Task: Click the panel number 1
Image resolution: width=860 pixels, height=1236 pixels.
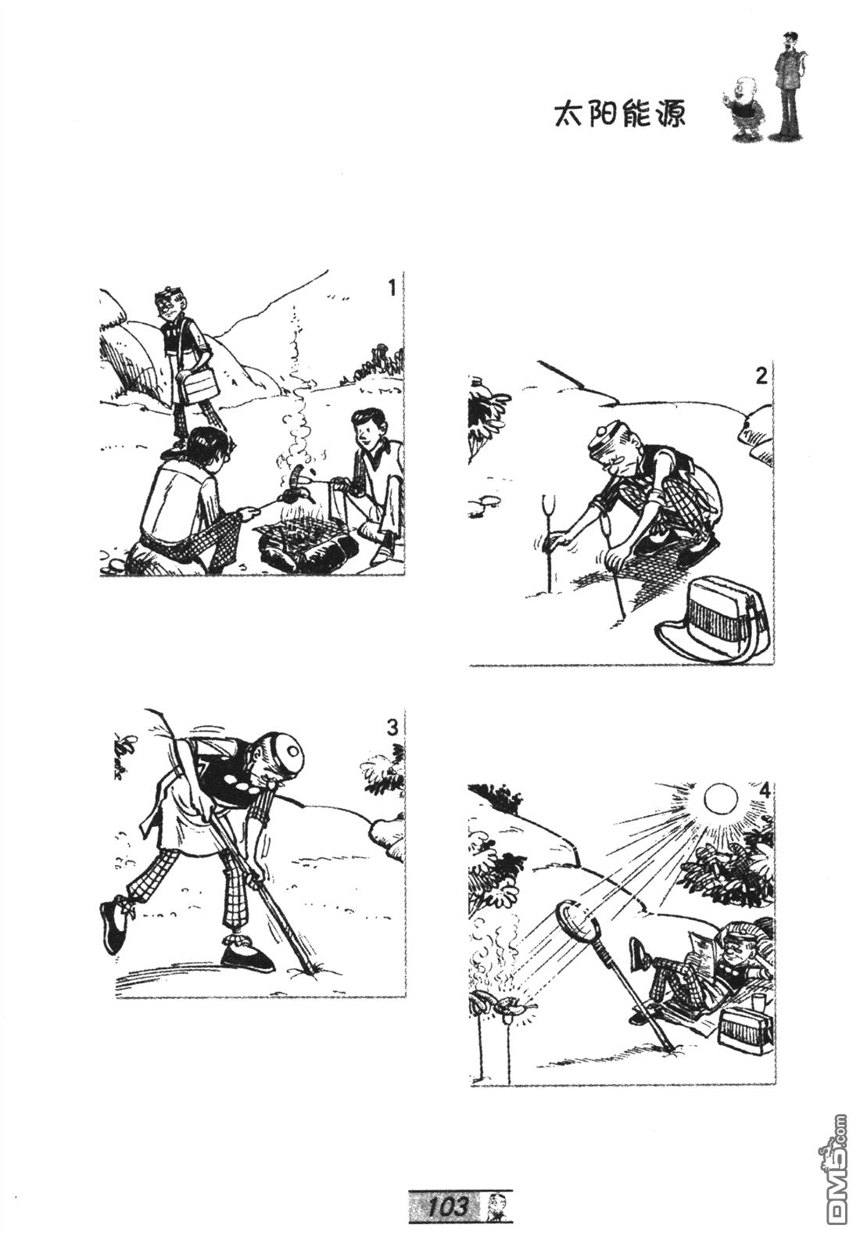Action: pos(392,288)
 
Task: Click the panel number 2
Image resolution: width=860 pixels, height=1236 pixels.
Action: pos(761,376)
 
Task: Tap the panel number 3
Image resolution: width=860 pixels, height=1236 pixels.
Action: pos(392,728)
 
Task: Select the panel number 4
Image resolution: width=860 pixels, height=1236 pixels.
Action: pos(764,791)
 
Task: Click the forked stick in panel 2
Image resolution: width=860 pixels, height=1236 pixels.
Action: pos(549,541)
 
